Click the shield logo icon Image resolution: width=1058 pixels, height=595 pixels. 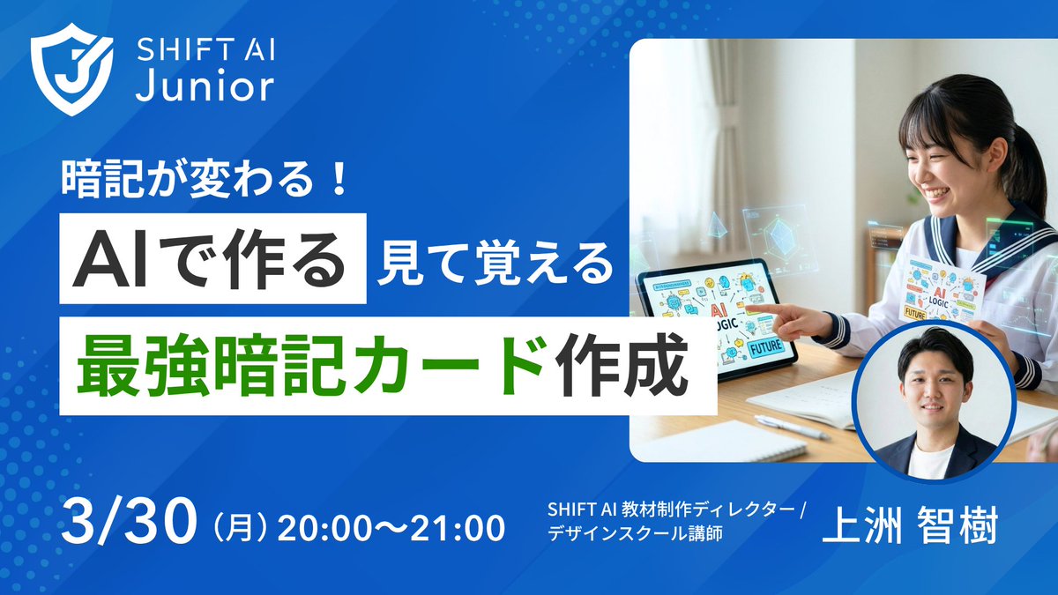[x=71, y=74]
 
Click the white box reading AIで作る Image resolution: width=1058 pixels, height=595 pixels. [x=212, y=257]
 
